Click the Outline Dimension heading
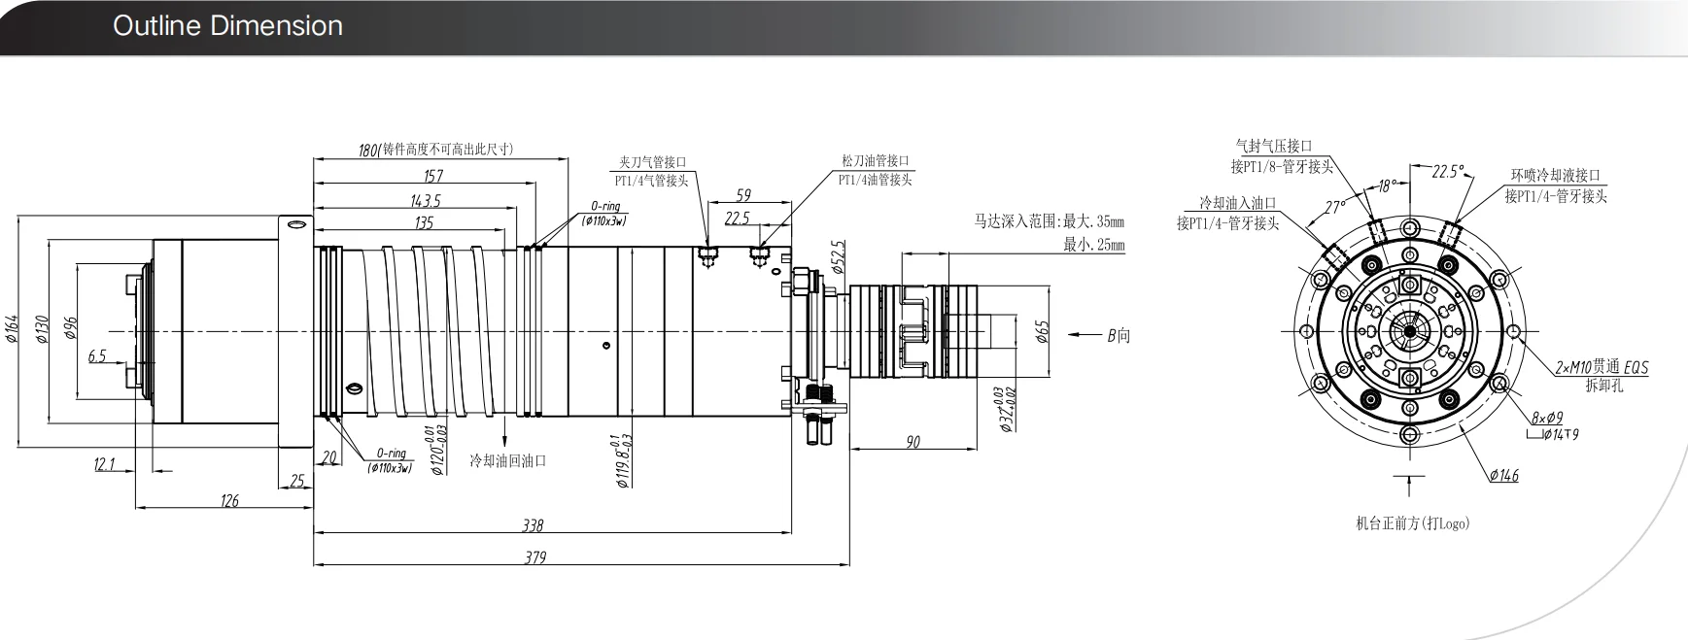(227, 26)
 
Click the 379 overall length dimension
(534, 557)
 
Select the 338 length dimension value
(533, 525)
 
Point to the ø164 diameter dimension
(12, 330)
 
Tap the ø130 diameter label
(42, 330)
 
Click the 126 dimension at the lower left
(229, 501)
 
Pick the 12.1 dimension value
(105, 465)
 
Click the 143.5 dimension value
(425, 200)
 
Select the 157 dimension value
(432, 176)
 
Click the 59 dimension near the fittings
(744, 195)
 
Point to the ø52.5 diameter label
(839, 256)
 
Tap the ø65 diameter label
(1042, 332)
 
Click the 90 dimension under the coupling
(913, 443)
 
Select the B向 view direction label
(1119, 336)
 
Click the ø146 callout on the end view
(1502, 475)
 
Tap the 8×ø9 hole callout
(1546, 418)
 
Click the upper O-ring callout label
(604, 207)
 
